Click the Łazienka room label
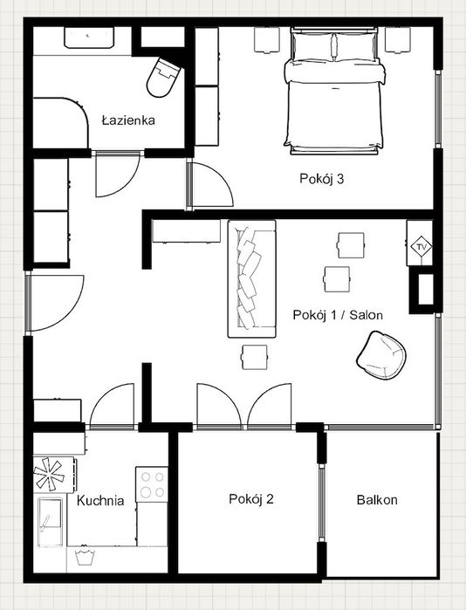pyautogui.click(x=128, y=120)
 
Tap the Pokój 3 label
pyautogui.click(x=322, y=179)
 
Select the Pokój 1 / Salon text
pyautogui.click(x=338, y=315)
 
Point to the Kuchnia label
pyautogui.click(x=100, y=500)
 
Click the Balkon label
pyautogui.click(x=377, y=500)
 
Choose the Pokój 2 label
pyautogui.click(x=251, y=499)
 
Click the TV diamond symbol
pyautogui.click(x=421, y=247)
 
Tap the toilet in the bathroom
pyautogui.click(x=162, y=78)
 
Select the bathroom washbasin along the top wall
pyautogui.click(x=89, y=38)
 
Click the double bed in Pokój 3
pyautogui.click(x=334, y=91)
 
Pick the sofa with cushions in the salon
pyautogui.click(x=252, y=278)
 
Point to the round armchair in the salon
pyautogui.click(x=381, y=355)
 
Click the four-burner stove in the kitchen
pyautogui.click(x=152, y=484)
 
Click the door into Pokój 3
pyautogui.click(x=210, y=185)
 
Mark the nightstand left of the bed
pyautogui.click(x=267, y=39)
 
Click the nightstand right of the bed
pyautogui.click(x=398, y=39)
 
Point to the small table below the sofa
pyautogui.click(x=255, y=357)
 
